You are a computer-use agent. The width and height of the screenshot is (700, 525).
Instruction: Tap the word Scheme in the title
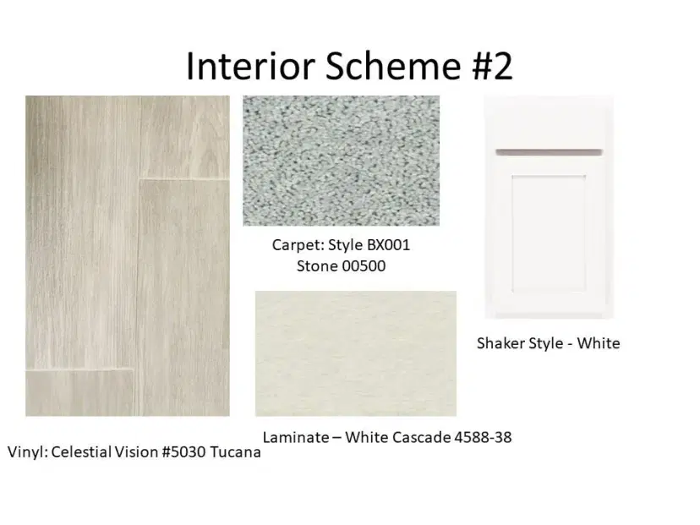pyautogui.click(x=393, y=66)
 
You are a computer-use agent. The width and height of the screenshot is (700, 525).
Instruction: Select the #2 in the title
pyautogui.click(x=492, y=66)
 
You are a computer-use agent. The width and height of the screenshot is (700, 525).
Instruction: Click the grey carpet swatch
pyautogui.click(x=341, y=161)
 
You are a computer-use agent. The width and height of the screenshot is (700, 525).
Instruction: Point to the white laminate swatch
pyautogui.click(x=356, y=353)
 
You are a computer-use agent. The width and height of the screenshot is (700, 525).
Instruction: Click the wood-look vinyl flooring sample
pyautogui.click(x=128, y=256)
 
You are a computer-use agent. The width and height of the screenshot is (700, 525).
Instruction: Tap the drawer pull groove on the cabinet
pyautogui.click(x=550, y=152)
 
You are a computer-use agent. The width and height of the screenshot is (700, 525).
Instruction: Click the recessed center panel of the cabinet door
pyautogui.click(x=549, y=234)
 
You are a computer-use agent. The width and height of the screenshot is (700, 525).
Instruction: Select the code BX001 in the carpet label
pyautogui.click(x=388, y=245)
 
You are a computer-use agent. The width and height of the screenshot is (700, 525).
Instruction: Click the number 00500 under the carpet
pyautogui.click(x=364, y=266)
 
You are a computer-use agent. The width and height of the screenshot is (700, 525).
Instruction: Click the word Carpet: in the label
pyautogui.click(x=298, y=245)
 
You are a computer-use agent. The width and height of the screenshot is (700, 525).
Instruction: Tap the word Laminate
pyautogui.click(x=296, y=437)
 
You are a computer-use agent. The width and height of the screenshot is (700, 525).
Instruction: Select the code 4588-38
pyautogui.click(x=483, y=437)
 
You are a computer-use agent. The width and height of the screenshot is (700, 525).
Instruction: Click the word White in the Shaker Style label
pyautogui.click(x=599, y=343)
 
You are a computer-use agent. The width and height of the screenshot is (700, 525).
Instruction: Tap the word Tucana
pyautogui.click(x=235, y=452)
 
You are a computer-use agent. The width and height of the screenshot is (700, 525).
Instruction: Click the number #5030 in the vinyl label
pyautogui.click(x=183, y=452)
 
